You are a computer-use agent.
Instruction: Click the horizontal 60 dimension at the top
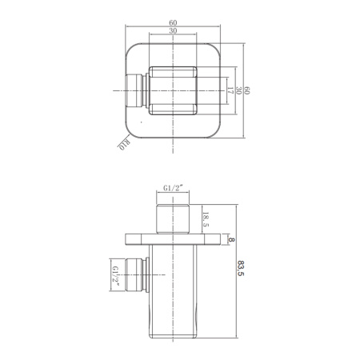tap(173, 22)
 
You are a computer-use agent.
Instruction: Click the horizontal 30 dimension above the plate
tap(173, 30)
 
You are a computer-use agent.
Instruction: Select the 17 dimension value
tap(230, 90)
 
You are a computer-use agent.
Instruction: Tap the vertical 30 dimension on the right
tap(238, 90)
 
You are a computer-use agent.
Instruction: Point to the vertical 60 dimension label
tap(247, 90)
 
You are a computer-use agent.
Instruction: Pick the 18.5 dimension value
tap(206, 219)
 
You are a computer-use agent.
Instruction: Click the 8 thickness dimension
tap(231, 240)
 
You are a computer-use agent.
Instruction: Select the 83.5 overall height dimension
tap(240, 268)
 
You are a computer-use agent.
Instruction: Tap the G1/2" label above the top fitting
tap(173, 188)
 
